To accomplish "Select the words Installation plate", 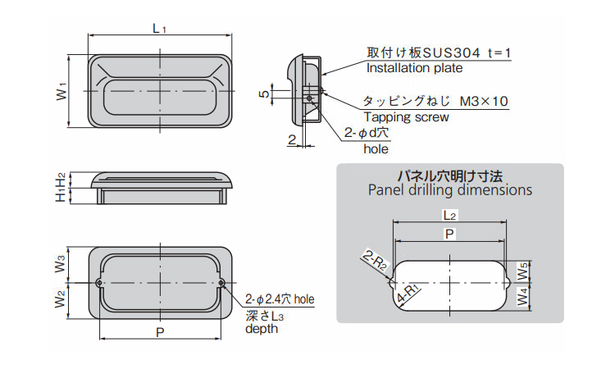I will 414,69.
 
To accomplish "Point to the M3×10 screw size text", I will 484,102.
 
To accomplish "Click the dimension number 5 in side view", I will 263,94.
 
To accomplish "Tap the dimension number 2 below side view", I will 292,139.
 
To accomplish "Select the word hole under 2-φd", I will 376,149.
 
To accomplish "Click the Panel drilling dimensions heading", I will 449,190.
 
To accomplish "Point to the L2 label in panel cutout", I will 449,215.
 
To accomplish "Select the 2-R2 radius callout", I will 374,262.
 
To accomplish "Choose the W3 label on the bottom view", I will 60,264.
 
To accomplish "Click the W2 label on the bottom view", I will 60,300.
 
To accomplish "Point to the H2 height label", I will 60,179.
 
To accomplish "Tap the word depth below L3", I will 262,329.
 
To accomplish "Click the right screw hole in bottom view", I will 222,284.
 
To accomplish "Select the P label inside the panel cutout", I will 449,235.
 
